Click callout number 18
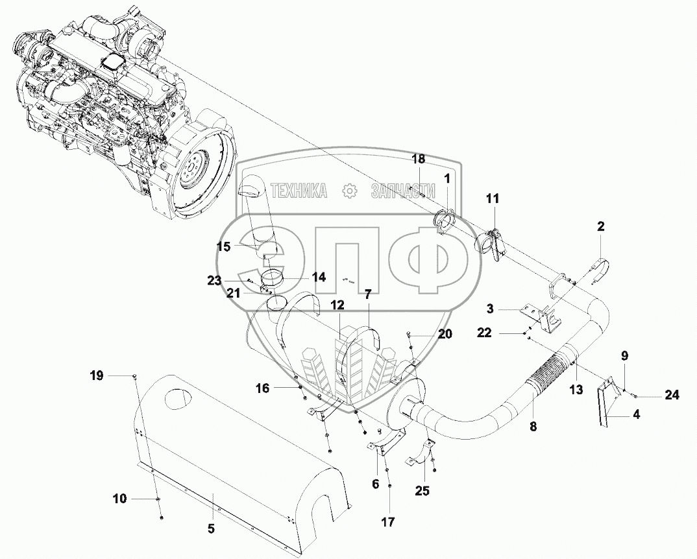click(x=419, y=159)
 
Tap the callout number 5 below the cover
click(x=211, y=529)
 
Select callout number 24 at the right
click(x=672, y=394)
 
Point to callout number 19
click(x=97, y=376)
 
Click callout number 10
click(x=119, y=499)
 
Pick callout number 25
click(x=422, y=491)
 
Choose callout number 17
click(x=388, y=522)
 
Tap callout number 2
click(x=600, y=226)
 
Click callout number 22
click(x=485, y=333)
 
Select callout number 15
click(x=224, y=246)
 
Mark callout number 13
click(x=576, y=390)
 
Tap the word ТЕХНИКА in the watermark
click(x=299, y=191)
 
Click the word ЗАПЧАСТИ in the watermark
click(x=403, y=191)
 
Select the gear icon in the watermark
click(x=350, y=191)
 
